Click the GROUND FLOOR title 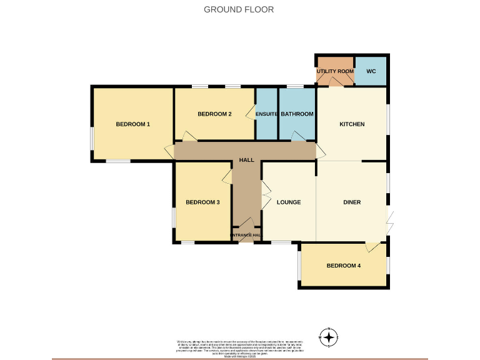click(x=239, y=9)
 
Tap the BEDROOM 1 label click(x=133, y=124)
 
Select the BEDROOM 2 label click(x=214, y=114)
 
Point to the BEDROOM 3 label click(x=202, y=202)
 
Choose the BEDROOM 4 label click(x=344, y=266)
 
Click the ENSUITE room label click(x=267, y=114)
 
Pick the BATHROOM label click(x=297, y=114)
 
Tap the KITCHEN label click(x=352, y=124)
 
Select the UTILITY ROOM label click(x=335, y=71)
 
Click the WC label click(x=371, y=71)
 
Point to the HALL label click(x=246, y=160)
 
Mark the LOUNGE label click(x=289, y=202)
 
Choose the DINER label click(x=352, y=202)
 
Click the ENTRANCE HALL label click(x=246, y=236)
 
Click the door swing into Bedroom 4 click(x=372, y=247)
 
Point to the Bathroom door click(x=299, y=136)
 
